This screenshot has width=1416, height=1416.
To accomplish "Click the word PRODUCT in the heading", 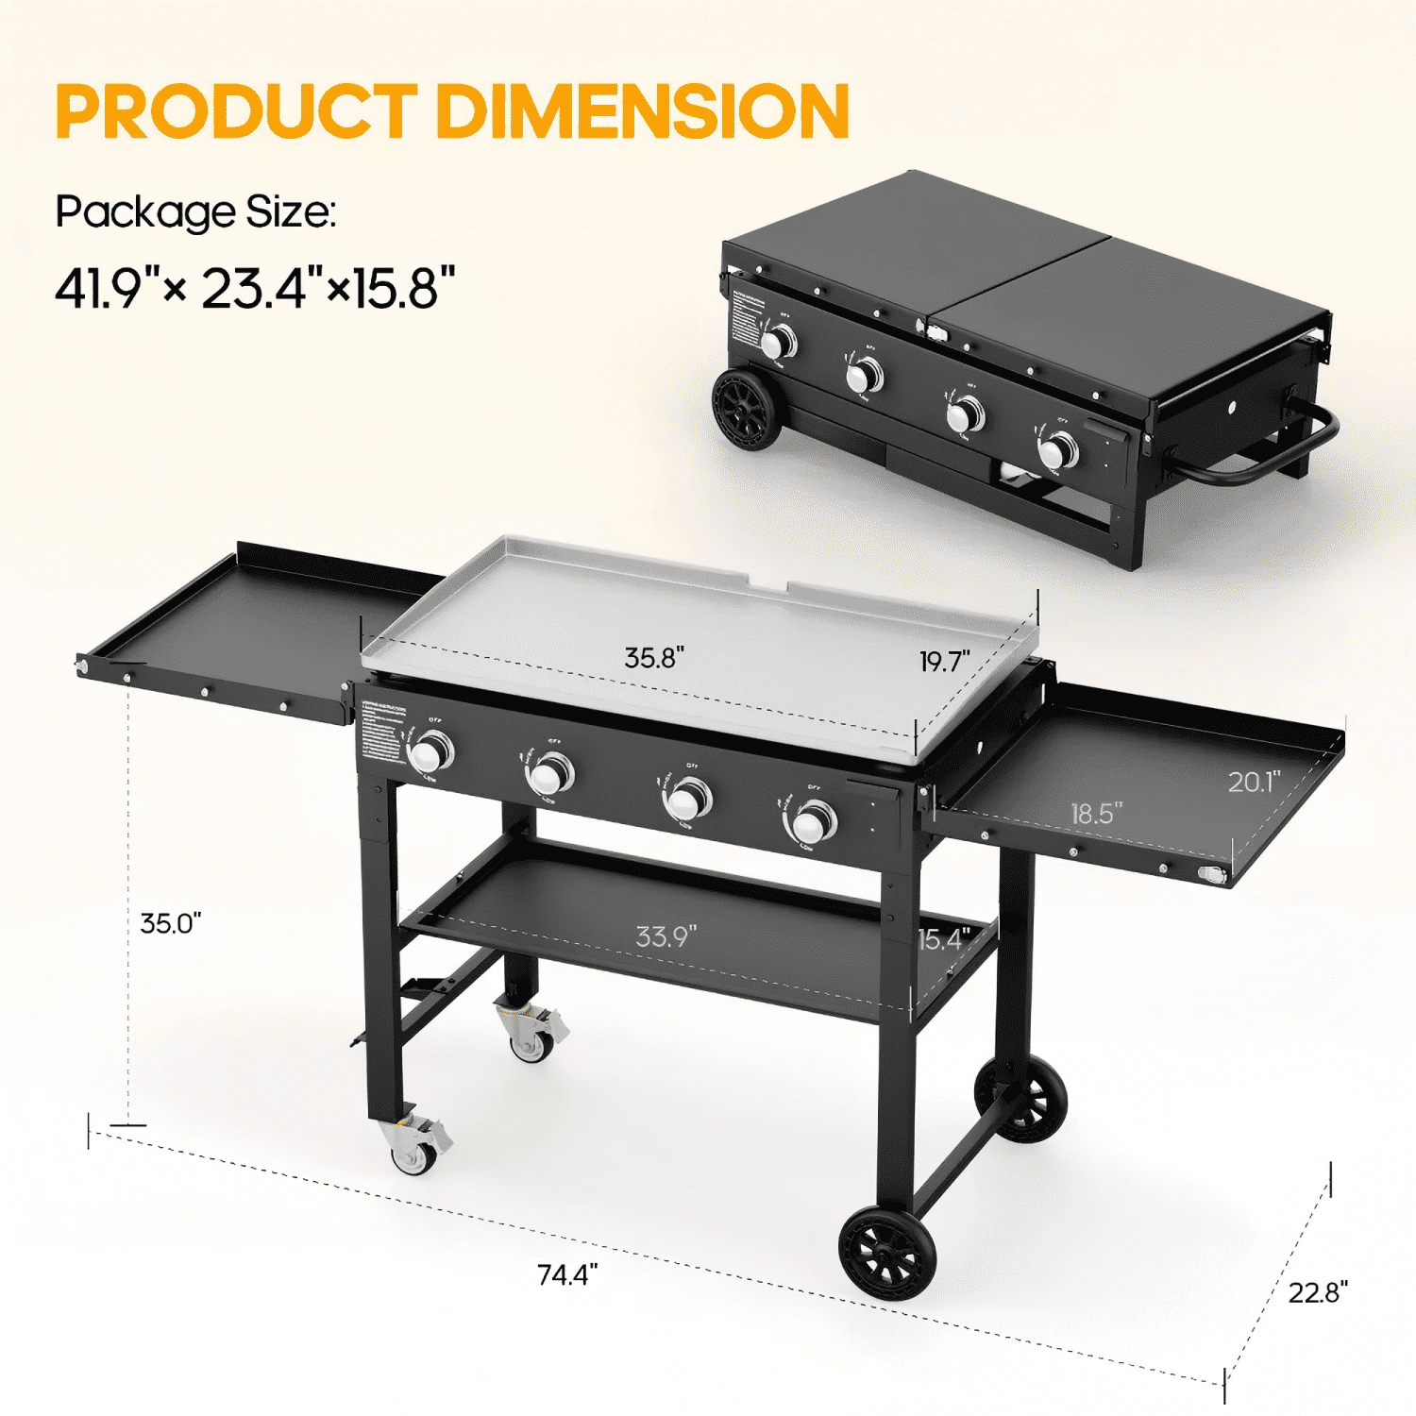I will tap(236, 111).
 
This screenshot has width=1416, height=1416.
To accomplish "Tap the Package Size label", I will tap(195, 211).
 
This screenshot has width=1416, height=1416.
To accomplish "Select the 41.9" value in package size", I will tap(106, 288).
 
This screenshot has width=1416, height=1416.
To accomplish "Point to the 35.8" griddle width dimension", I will tap(654, 658).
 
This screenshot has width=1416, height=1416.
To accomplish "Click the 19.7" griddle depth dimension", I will tap(945, 662).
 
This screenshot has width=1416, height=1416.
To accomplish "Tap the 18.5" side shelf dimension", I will tap(1096, 813).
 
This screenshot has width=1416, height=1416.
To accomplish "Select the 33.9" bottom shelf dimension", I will tap(666, 936).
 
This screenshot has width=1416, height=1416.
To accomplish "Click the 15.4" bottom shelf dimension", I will tap(944, 939).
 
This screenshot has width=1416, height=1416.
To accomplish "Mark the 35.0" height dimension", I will tap(171, 923).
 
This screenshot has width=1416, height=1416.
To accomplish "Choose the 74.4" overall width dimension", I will tap(567, 1274).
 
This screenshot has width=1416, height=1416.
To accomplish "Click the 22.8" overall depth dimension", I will tap(1318, 1292).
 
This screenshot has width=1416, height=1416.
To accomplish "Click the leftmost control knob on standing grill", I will tap(431, 753).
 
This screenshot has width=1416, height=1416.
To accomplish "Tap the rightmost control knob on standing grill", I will tap(810, 823).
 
